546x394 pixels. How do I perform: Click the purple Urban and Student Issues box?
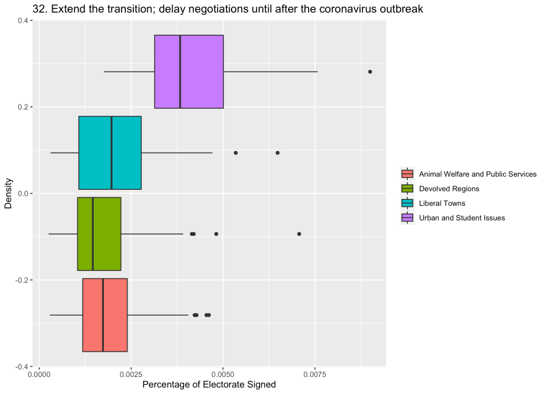tap(202, 71)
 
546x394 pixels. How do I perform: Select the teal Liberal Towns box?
tap(126, 152)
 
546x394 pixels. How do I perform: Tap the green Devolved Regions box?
tap(107, 234)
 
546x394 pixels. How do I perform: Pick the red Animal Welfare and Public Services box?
tap(115, 315)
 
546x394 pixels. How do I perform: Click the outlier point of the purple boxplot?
tap(370, 71)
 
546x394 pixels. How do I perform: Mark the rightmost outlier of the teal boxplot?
tap(278, 152)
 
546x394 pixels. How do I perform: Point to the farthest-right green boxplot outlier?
tap(299, 234)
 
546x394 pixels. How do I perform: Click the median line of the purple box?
tap(180, 71)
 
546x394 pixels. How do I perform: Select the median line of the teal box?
tap(111, 152)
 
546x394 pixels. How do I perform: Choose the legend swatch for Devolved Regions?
tap(407, 188)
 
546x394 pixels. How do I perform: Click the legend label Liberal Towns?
tap(442, 203)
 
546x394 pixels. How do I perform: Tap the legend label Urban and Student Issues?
tap(462, 218)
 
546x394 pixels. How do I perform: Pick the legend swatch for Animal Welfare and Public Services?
tap(407, 174)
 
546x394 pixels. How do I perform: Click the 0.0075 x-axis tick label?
tap(315, 376)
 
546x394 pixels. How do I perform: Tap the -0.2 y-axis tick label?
tap(23, 280)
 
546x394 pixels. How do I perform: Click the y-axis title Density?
tap(9, 194)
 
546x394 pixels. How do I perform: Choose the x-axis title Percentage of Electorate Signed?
tap(209, 385)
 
